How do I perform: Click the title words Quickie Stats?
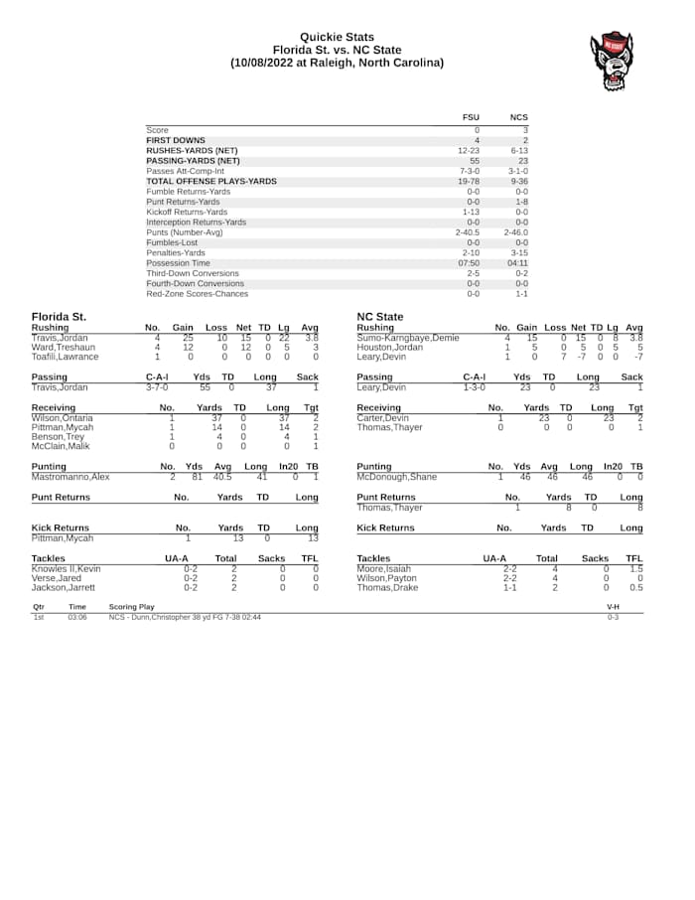(x=338, y=37)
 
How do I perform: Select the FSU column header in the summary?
(x=471, y=117)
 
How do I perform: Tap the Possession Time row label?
(x=178, y=263)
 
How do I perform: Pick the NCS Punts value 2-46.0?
(x=516, y=232)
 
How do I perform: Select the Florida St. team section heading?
(x=58, y=317)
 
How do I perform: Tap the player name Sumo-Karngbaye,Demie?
(x=407, y=338)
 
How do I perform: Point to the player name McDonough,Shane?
(x=396, y=477)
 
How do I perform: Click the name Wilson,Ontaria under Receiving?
(x=62, y=418)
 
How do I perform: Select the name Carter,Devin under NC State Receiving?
(x=382, y=418)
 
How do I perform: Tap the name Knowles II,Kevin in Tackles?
(x=66, y=568)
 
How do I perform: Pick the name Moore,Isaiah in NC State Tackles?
(x=383, y=568)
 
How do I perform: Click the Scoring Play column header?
(x=131, y=606)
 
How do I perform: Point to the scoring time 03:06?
(x=76, y=617)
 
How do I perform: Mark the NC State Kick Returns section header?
(x=385, y=527)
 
